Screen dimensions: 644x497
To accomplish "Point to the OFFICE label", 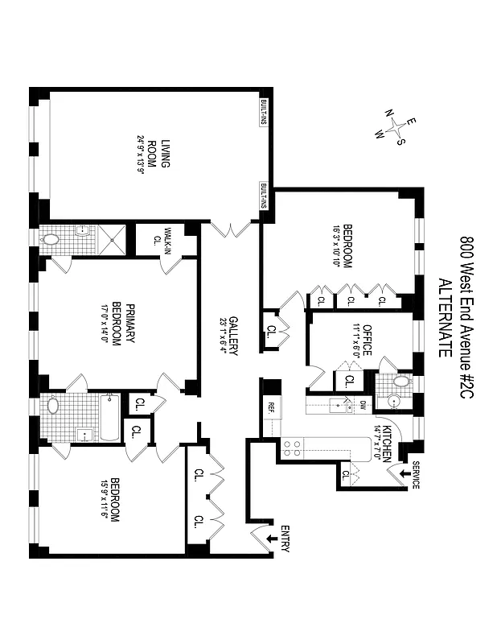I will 367,339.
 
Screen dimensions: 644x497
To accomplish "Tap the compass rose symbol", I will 398,128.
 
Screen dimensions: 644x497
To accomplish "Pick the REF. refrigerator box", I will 271,407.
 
